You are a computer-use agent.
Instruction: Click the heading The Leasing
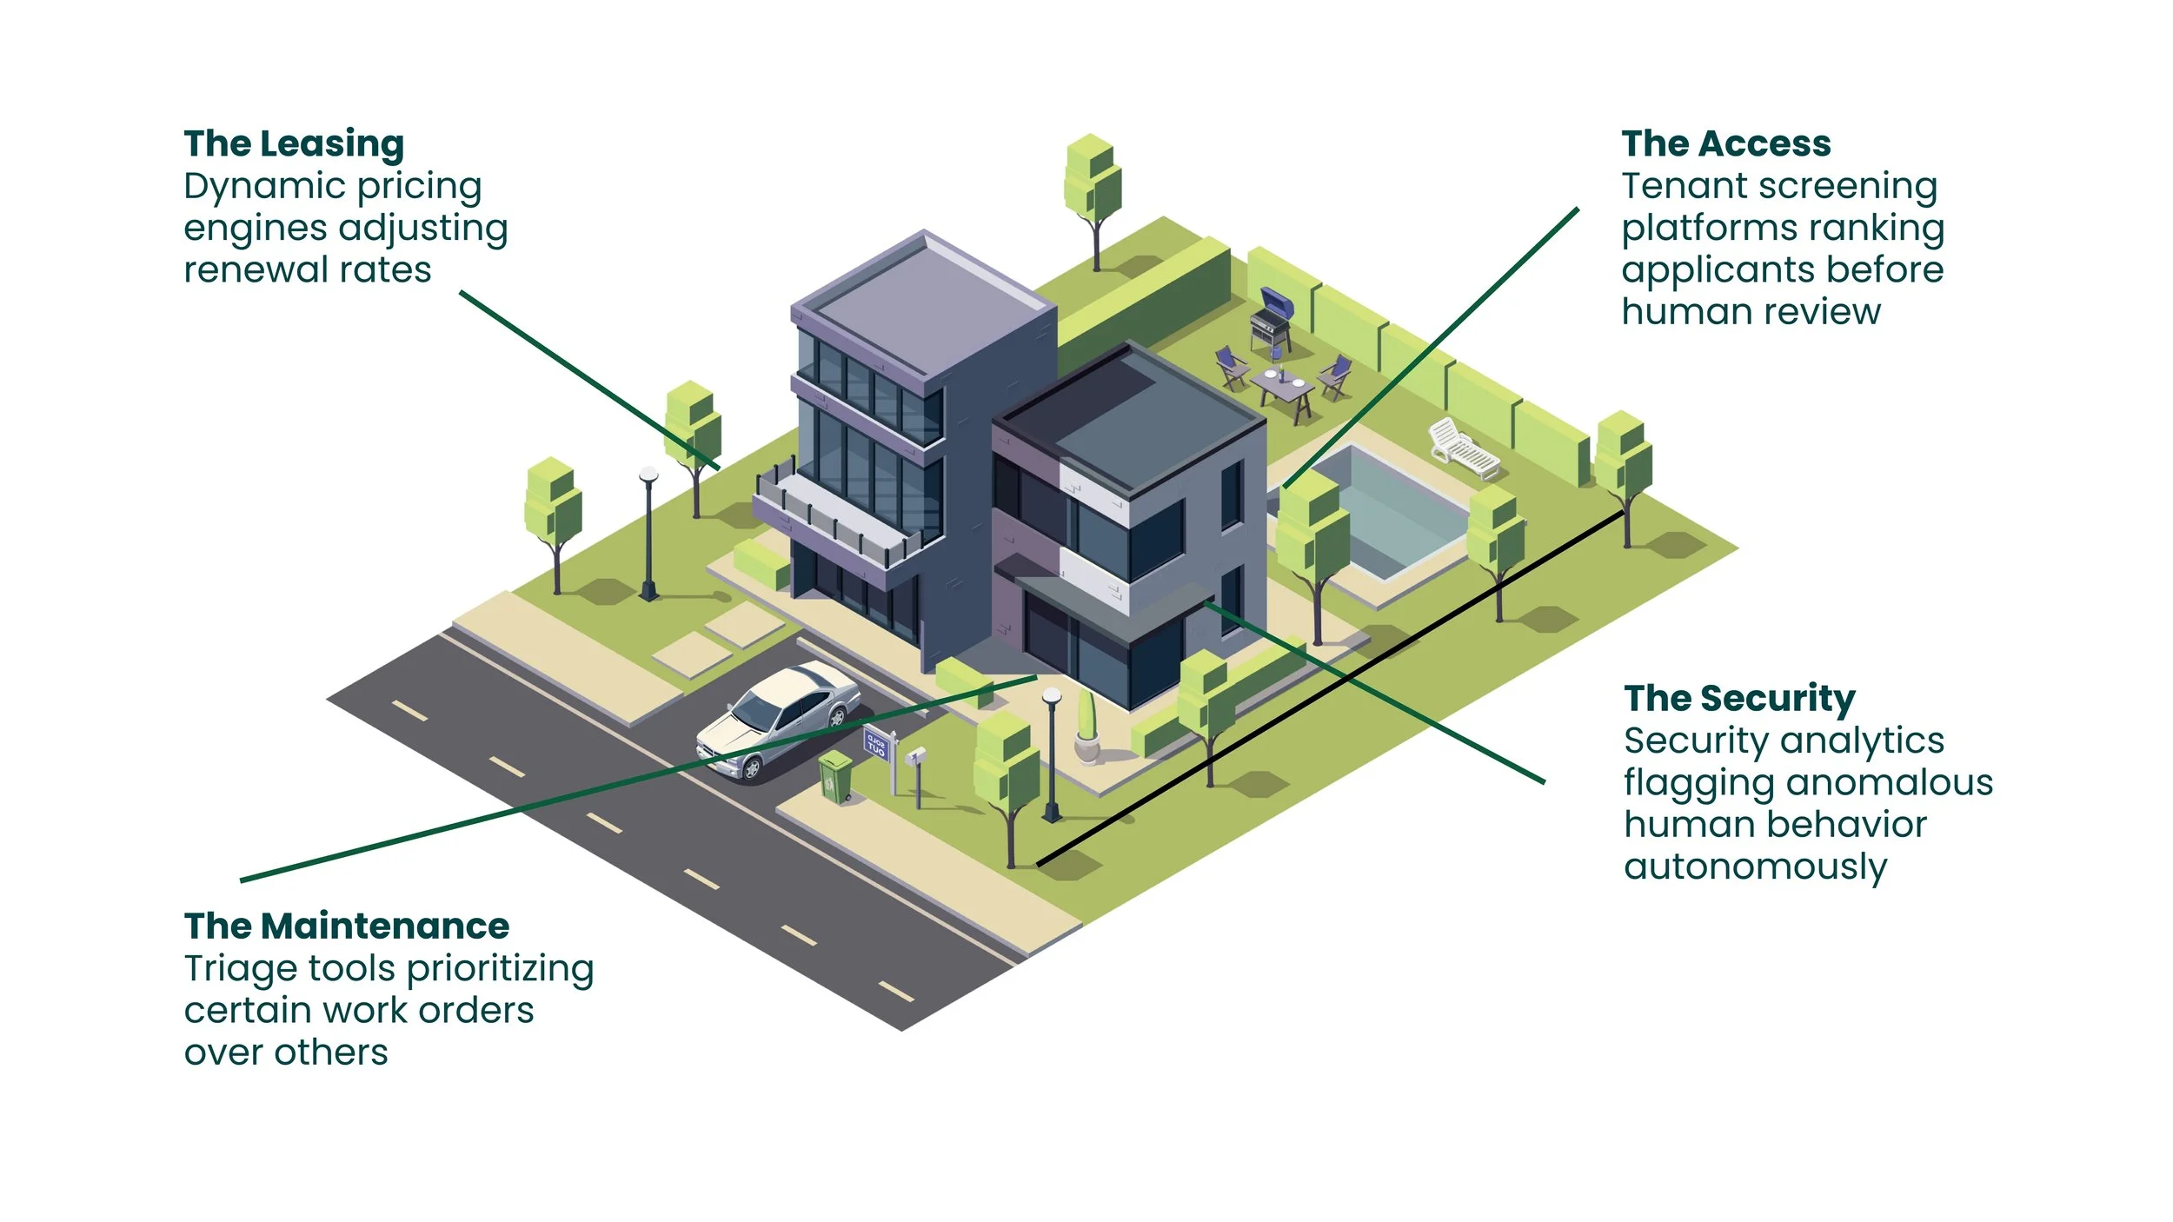294,144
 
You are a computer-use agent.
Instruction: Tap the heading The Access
1725,144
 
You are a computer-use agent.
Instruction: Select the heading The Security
1738,699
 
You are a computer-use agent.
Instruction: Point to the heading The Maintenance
346,926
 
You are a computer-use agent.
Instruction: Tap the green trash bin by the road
835,776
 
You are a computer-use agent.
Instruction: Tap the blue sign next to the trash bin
875,745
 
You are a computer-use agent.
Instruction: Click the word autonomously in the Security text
1755,867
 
